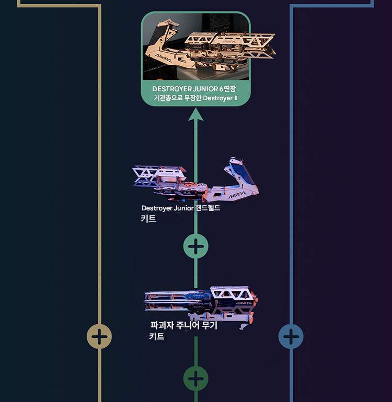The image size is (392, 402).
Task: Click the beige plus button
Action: point(99,336)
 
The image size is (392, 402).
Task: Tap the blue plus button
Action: point(291,336)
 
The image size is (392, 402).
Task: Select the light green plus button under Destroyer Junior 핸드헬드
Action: point(195,246)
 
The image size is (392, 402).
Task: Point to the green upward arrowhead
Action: point(195,114)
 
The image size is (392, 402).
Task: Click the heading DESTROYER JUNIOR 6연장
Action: point(194,89)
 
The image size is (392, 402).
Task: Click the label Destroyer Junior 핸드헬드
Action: point(181,208)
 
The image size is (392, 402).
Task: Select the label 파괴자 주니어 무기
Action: point(183,326)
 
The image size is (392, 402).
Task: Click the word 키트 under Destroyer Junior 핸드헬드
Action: point(148,218)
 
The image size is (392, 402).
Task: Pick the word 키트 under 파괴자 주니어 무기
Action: point(157,337)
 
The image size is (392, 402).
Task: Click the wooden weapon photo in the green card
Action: point(195,46)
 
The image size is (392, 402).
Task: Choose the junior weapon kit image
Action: point(201,303)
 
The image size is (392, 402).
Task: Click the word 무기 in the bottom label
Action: point(209,326)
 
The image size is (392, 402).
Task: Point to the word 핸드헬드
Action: point(207,208)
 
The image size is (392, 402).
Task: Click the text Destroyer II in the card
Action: point(220,98)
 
